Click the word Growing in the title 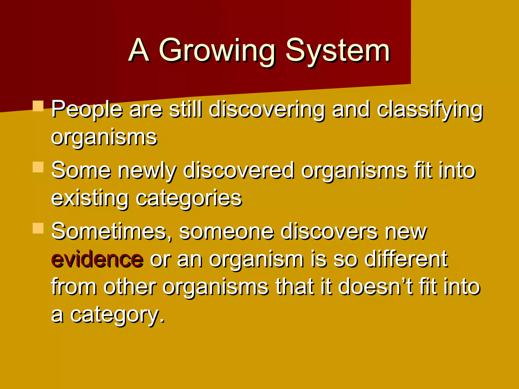pyautogui.click(x=217, y=51)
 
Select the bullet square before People pyautogui.click(x=38, y=106)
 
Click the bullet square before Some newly pyautogui.click(x=38, y=167)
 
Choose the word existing pyautogui.click(x=90, y=198)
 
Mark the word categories pyautogui.click(x=189, y=198)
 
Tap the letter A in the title pyautogui.click(x=138, y=51)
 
